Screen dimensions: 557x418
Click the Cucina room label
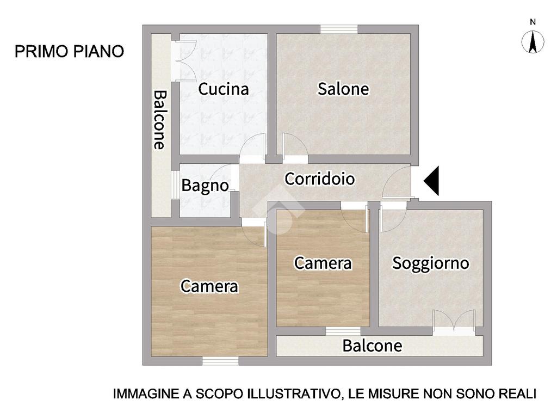click(x=223, y=89)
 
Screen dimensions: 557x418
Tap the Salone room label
click(x=343, y=89)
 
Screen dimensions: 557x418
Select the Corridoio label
click(x=320, y=179)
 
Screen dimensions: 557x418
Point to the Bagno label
click(x=205, y=186)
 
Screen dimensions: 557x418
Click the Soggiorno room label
click(x=431, y=264)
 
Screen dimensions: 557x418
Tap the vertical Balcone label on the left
click(x=160, y=120)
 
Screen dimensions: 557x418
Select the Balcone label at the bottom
click(x=372, y=346)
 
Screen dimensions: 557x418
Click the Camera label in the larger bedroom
click(x=209, y=286)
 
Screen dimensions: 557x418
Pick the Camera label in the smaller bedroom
click(x=323, y=263)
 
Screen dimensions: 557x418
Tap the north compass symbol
click(x=533, y=42)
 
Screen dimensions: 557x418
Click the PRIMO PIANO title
click(x=69, y=52)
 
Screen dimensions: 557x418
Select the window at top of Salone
click(x=339, y=29)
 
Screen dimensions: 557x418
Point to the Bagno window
click(x=175, y=185)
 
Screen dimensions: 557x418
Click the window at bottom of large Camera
click(x=220, y=361)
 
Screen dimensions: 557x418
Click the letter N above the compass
click(x=533, y=22)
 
